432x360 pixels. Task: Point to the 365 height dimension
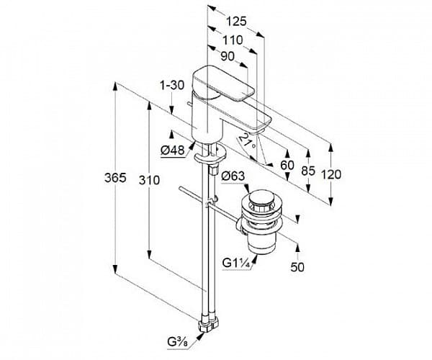coord(114,178)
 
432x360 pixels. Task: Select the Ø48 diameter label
coord(174,150)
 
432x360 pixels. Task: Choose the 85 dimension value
coord(309,171)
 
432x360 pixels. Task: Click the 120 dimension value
coord(332,174)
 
